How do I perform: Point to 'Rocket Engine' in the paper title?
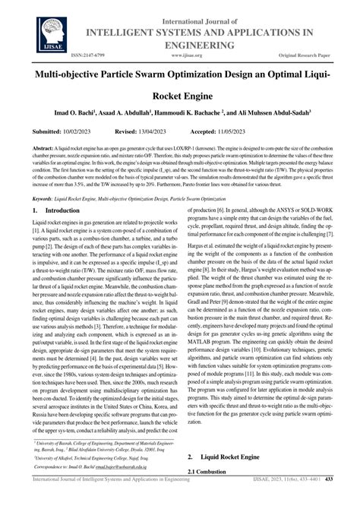[180, 98]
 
